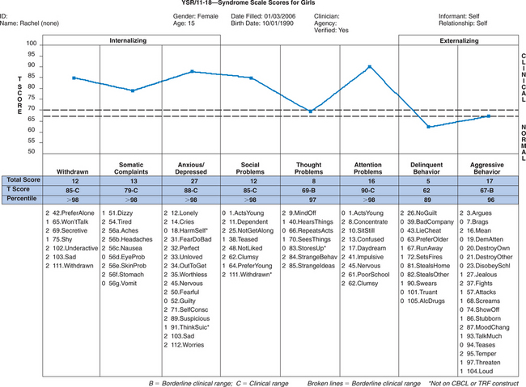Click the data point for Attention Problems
[x=369, y=67]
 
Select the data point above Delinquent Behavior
[x=428, y=127]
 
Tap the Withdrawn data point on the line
[x=74, y=78]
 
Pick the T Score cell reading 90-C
[x=369, y=190]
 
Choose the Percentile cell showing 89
[x=428, y=199]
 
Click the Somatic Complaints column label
[x=132, y=167]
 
